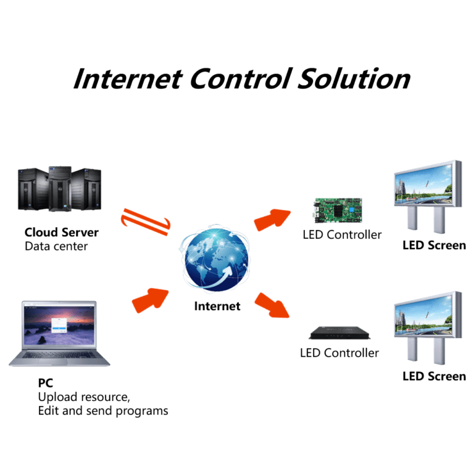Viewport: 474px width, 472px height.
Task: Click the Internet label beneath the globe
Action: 217,305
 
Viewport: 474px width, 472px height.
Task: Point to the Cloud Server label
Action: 60,233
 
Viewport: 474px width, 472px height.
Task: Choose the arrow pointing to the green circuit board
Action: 272,218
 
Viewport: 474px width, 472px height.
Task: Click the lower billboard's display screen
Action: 425,315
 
